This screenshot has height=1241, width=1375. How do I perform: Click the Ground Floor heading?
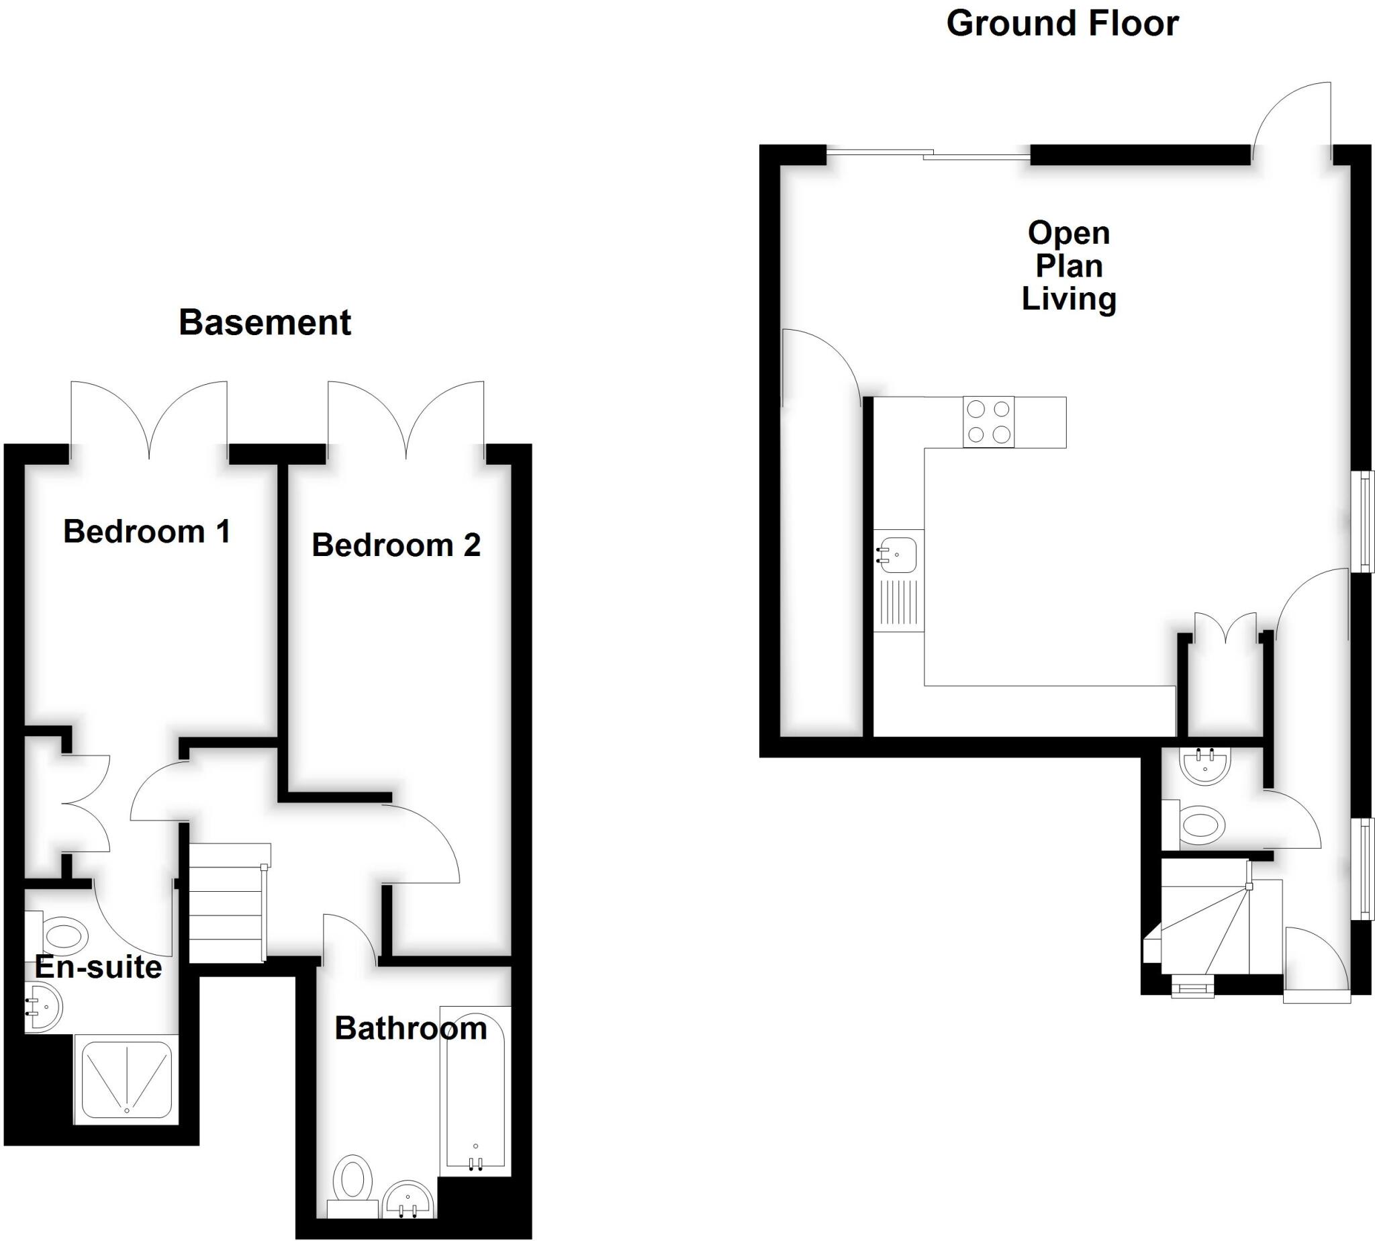click(x=1062, y=24)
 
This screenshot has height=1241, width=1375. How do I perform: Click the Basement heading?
click(x=265, y=322)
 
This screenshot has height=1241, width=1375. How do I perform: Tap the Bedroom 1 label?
click(x=146, y=532)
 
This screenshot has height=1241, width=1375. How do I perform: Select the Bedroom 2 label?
click(x=396, y=545)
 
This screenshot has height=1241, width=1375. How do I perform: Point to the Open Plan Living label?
click(x=1068, y=266)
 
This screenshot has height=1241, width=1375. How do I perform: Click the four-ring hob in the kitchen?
click(x=988, y=422)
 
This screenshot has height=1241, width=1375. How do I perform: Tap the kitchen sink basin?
click(x=898, y=553)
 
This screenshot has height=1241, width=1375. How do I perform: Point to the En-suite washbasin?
click(x=44, y=1007)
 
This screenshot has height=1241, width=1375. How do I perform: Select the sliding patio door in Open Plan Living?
click(x=927, y=154)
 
